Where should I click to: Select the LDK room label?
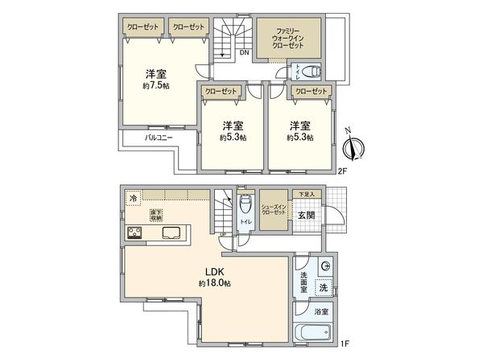[x=214, y=271]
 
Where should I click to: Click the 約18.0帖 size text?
[x=214, y=284]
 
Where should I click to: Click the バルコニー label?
[x=159, y=138]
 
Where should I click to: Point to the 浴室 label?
[x=320, y=311]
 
